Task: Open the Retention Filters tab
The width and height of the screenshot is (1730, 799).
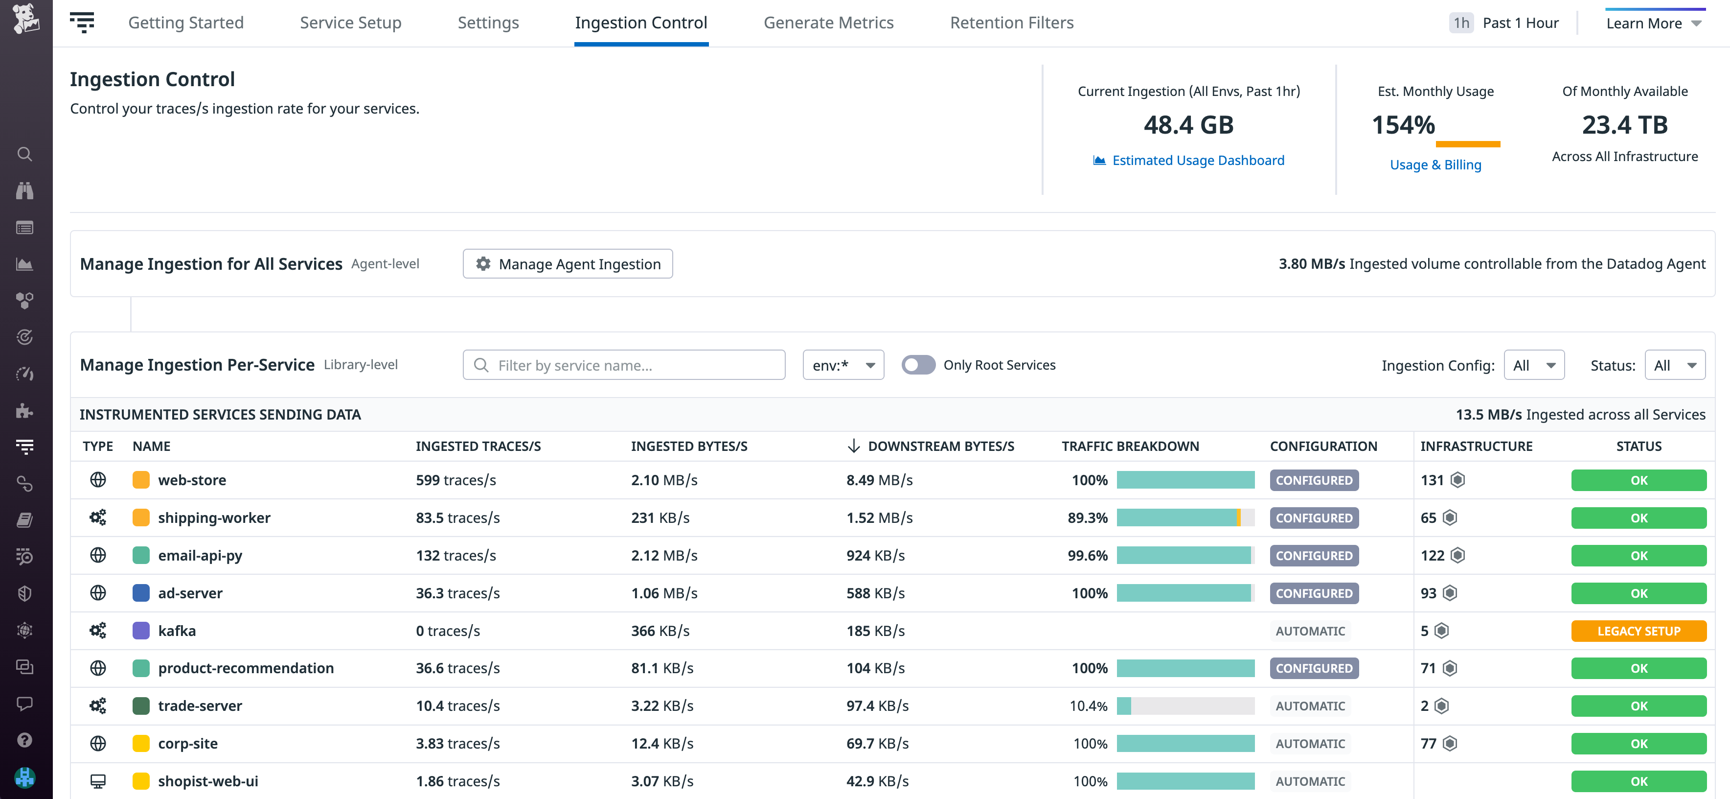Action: pyautogui.click(x=1011, y=23)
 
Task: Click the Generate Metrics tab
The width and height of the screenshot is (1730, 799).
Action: pyautogui.click(x=828, y=23)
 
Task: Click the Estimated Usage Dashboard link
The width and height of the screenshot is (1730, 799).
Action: pyautogui.click(x=1197, y=160)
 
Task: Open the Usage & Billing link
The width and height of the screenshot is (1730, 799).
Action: pyautogui.click(x=1435, y=164)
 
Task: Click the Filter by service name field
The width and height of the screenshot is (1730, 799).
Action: pyautogui.click(x=631, y=365)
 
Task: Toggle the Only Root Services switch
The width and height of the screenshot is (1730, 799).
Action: pyautogui.click(x=918, y=365)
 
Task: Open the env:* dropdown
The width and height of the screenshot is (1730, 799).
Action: pyautogui.click(x=843, y=365)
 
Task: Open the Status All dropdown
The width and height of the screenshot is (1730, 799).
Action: pyautogui.click(x=1674, y=365)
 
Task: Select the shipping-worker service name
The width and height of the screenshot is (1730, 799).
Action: pyautogui.click(x=214, y=517)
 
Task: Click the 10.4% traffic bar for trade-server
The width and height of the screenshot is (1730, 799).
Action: pyautogui.click(x=1185, y=705)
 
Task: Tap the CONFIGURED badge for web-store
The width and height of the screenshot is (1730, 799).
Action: pyautogui.click(x=1314, y=480)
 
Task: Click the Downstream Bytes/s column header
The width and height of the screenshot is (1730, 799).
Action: pyautogui.click(x=940, y=446)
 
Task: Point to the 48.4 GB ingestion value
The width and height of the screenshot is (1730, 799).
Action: pyautogui.click(x=1188, y=125)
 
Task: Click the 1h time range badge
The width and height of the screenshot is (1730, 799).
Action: pyautogui.click(x=1461, y=23)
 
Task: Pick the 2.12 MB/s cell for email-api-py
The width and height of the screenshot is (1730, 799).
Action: pyautogui.click(x=663, y=555)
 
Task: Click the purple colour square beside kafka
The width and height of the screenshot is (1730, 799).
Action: pyautogui.click(x=141, y=630)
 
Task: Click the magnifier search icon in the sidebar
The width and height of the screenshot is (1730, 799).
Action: pyautogui.click(x=25, y=154)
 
